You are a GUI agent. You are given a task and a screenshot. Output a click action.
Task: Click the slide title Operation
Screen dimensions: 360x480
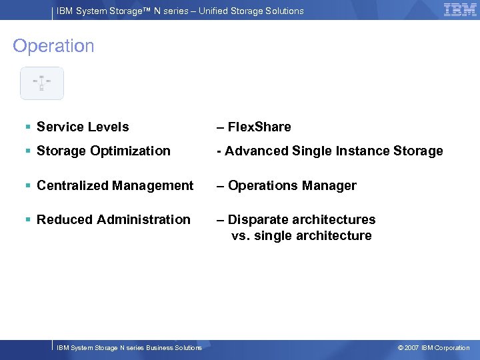click(53, 46)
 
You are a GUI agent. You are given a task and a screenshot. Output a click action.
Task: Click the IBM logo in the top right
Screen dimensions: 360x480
click(460, 9)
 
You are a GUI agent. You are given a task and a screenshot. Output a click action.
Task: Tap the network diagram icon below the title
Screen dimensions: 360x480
click(41, 83)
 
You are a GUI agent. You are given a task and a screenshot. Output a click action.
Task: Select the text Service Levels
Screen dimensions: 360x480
click(83, 127)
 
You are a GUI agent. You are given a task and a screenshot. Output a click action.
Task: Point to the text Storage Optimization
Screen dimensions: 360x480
click(103, 151)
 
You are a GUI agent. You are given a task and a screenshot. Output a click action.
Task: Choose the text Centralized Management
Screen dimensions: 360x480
click(115, 185)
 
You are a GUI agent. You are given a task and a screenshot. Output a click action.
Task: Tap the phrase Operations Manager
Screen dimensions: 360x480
click(292, 185)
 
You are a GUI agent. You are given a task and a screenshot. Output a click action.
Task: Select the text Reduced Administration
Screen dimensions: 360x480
click(113, 219)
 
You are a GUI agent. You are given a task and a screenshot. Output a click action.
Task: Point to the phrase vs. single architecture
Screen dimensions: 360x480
click(301, 235)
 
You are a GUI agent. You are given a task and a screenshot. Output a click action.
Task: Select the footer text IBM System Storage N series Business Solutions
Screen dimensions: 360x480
click(129, 348)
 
